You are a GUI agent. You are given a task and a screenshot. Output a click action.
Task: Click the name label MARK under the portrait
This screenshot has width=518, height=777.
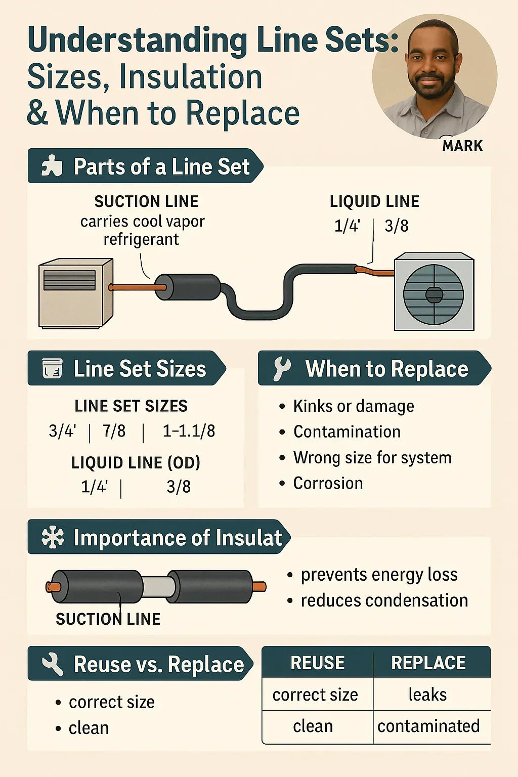coord(462,146)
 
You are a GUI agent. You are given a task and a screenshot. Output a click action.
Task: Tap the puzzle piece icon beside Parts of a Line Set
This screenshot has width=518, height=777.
coord(52,166)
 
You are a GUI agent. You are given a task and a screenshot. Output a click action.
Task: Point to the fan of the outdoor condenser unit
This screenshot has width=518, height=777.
coord(434,294)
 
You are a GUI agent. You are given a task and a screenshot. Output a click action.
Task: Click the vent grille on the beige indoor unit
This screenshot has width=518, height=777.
coord(69,280)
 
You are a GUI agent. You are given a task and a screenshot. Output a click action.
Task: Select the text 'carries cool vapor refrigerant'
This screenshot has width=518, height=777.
coord(142,230)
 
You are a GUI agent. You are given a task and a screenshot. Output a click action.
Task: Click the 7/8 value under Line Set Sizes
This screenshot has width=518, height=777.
coord(114,431)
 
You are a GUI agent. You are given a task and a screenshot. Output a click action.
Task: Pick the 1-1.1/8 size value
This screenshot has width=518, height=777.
coord(189,431)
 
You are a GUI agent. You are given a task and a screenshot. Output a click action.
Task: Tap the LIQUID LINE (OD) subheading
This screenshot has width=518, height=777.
coord(136,462)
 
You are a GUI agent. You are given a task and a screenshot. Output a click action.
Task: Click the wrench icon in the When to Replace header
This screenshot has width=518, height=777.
coord(282,368)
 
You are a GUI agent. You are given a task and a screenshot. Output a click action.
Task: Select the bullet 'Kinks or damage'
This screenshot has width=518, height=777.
coord(353,406)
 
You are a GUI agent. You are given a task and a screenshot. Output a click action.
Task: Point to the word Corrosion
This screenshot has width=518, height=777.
coord(328,483)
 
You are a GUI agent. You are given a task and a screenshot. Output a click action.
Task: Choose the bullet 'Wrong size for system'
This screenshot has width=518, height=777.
coord(372,458)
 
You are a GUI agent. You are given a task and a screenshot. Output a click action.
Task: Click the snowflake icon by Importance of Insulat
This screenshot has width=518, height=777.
coord(53,537)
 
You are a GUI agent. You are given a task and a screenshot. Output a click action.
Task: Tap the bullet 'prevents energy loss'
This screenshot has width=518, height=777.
coord(379,575)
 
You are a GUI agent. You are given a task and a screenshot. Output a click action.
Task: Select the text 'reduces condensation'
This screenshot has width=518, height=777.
coord(384,600)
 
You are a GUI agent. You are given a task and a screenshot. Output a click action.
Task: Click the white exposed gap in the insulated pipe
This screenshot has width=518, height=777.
coord(158,587)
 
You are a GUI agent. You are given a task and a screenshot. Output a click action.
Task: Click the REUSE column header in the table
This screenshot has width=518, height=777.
coord(317,663)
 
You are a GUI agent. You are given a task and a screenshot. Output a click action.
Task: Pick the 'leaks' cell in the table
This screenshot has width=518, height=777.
coord(427,695)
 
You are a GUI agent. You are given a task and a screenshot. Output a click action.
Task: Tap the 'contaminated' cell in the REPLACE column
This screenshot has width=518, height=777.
coord(428,726)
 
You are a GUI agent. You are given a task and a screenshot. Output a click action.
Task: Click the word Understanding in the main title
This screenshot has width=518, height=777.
coord(138,40)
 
